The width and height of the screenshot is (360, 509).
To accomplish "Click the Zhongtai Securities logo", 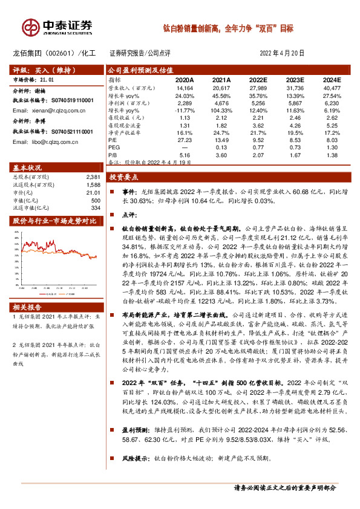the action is (57, 27).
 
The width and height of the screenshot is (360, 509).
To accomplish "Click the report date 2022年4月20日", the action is (282, 53).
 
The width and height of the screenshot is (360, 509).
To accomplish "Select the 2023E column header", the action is (293, 79).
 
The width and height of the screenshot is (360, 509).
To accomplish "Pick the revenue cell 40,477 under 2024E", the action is (331, 88).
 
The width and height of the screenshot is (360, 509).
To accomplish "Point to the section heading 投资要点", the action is (124, 177).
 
